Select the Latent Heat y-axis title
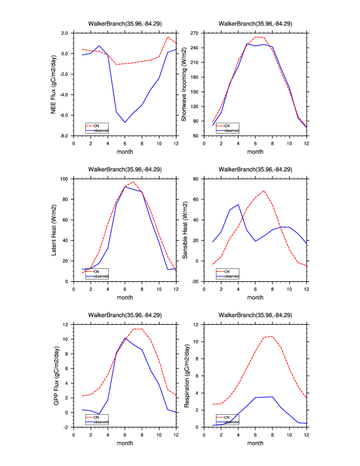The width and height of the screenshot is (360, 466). tap(54, 229)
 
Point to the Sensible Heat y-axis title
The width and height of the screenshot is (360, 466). tap(184, 229)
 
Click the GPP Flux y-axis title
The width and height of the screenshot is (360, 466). tap(54, 375)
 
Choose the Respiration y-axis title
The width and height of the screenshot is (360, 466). tap(184, 375)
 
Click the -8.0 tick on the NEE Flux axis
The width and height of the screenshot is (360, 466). tap(63, 136)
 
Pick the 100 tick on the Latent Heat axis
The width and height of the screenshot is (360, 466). tap(65, 178)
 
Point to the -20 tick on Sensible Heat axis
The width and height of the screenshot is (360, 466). tap(194, 281)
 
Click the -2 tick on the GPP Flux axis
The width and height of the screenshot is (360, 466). tap(66, 427)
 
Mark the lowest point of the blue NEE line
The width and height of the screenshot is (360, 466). tap(125, 122)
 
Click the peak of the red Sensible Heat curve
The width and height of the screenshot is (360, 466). tap(264, 191)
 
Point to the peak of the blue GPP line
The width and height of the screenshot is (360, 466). tap(125, 338)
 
